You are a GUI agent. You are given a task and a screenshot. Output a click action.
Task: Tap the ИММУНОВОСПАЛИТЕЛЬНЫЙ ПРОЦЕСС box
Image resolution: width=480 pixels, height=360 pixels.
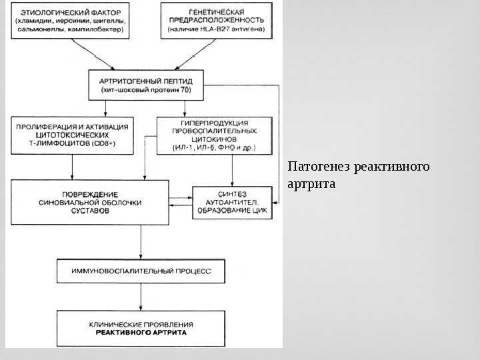coord(140,271)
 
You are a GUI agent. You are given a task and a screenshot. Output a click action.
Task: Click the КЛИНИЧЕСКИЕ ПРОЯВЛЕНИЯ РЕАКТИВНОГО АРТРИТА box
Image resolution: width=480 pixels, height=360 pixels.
coord(140,327)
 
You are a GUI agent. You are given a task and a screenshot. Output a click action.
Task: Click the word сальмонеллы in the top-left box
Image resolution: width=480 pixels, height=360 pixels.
coord(39,31)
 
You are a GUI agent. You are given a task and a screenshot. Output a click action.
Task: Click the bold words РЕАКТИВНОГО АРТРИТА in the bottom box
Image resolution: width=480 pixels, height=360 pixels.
coord(140,331)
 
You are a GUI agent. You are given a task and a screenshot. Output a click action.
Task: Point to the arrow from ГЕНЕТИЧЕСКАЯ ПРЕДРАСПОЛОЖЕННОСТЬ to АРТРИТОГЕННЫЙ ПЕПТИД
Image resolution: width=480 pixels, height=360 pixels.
coord(193,53)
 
